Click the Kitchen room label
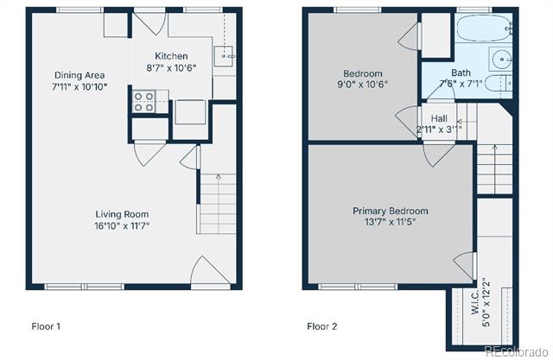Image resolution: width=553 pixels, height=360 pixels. coord(171,56)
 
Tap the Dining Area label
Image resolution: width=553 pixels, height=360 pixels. coord(79,75)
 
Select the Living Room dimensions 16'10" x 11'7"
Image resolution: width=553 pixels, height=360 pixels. coord(122,225)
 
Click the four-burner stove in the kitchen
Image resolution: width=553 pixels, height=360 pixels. coord(144,102)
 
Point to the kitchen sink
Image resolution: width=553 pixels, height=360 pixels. coord(224,56)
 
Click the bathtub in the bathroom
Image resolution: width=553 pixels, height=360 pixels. coord(484,28)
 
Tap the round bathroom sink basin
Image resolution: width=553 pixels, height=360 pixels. coord(502,59)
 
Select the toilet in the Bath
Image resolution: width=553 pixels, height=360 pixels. coord(499,83)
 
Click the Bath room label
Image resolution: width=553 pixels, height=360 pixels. coord(461,73)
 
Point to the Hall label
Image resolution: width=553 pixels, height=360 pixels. coord(439,118)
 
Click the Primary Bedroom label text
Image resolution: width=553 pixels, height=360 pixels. coord(391,211)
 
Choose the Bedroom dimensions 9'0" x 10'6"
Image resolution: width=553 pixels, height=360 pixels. coord(363,85)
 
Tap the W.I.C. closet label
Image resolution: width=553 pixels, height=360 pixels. coord(474,302)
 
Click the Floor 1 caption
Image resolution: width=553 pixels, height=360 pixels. coord(46,326)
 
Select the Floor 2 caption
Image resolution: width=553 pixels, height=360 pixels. coord(321,326)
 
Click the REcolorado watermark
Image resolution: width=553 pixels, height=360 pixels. coord(516,351)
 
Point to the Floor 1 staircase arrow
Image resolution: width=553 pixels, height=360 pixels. coord(219,204)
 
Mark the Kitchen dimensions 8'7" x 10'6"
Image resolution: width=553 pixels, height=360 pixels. coord(171,67)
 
